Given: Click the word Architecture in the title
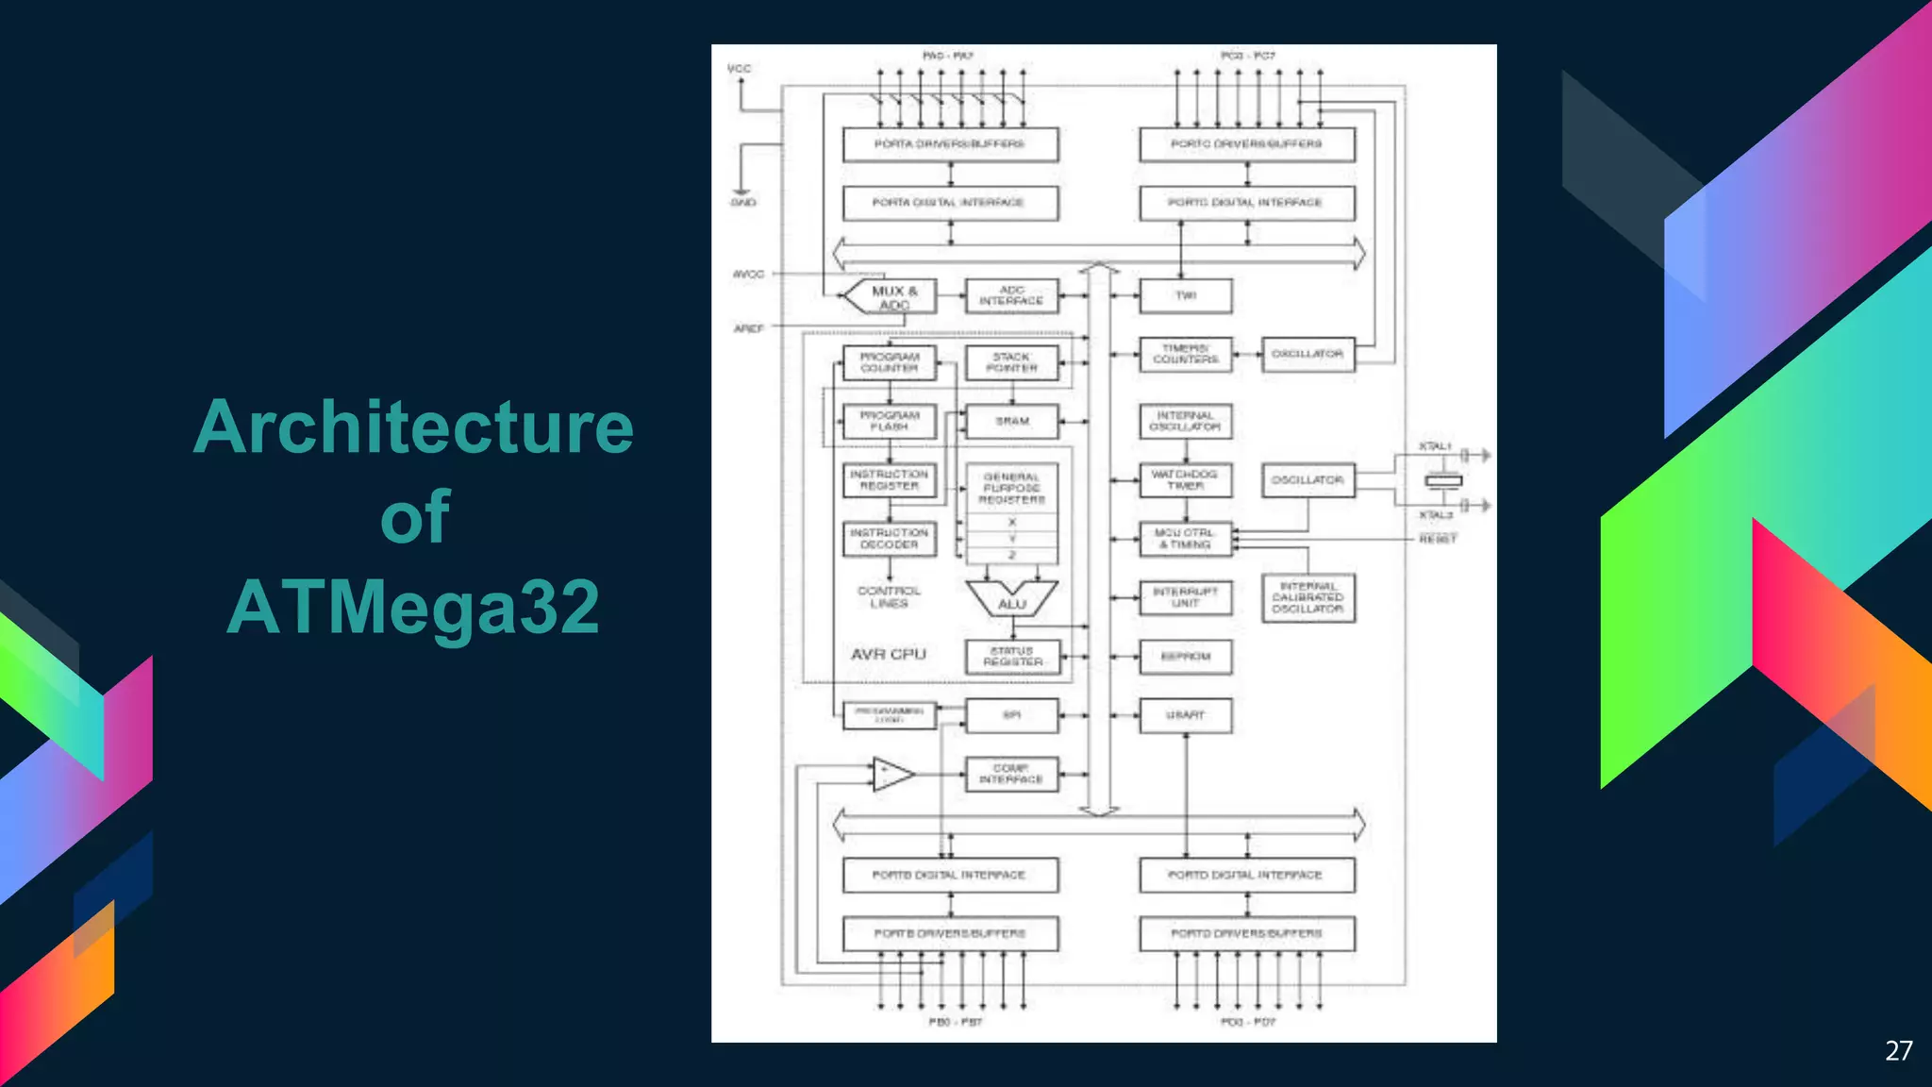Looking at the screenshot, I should pyautogui.click(x=413, y=427).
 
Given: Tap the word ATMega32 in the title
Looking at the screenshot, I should pyautogui.click(x=413, y=607).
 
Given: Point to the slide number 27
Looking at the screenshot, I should pyautogui.click(x=1898, y=1051).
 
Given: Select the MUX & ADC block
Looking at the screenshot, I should pyautogui.click(x=889, y=296).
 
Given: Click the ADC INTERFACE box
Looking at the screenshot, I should pyautogui.click(x=1011, y=295).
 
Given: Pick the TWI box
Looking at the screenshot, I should pyautogui.click(x=1185, y=295).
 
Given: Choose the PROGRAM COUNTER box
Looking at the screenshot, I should pyautogui.click(x=889, y=362).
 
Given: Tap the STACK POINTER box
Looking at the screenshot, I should pyautogui.click(x=1011, y=362).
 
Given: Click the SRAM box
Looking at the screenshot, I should pyautogui.click(x=1011, y=421).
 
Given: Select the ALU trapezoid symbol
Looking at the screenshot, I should pyautogui.click(x=1011, y=599).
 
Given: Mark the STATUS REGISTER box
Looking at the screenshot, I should pyautogui.click(x=1012, y=657).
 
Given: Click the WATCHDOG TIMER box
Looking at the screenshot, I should pyautogui.click(x=1185, y=479).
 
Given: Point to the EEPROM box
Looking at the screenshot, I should pyautogui.click(x=1185, y=657).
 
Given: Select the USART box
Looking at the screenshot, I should pyautogui.click(x=1185, y=715).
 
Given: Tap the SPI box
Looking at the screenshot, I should pyautogui.click(x=1011, y=715).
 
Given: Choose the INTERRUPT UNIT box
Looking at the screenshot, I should pyautogui.click(x=1185, y=597).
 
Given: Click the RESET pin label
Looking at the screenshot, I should pyautogui.click(x=1438, y=539).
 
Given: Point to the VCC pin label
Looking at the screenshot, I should pyautogui.click(x=740, y=69).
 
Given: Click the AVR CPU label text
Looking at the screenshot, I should pyautogui.click(x=888, y=654).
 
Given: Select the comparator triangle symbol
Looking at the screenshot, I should pyautogui.click(x=891, y=774).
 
